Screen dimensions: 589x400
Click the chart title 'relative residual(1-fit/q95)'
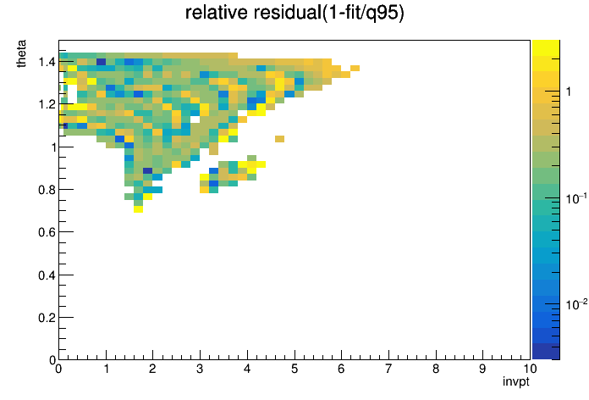(x=294, y=13)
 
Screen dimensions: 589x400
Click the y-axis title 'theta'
(x=21, y=53)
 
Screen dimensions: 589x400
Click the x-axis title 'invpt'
(x=515, y=382)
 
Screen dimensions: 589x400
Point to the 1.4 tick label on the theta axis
(x=47, y=61)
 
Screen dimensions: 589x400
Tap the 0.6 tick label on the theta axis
(x=47, y=232)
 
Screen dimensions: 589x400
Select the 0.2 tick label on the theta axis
(x=47, y=318)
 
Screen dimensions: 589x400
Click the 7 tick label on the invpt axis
(x=388, y=369)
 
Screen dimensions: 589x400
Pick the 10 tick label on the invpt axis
(x=530, y=369)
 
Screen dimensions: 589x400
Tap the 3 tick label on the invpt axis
(x=200, y=369)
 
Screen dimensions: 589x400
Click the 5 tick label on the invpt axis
(x=294, y=369)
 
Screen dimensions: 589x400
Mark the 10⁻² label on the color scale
(x=576, y=304)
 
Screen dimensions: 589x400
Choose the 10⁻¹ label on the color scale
(x=576, y=198)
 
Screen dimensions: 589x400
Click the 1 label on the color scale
(x=569, y=92)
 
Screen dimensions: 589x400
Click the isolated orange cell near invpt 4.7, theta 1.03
(x=279, y=139)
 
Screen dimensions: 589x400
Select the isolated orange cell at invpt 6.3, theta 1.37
(x=355, y=68)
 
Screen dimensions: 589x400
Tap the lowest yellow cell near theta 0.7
(x=138, y=209)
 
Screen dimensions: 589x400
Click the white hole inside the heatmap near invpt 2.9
(x=195, y=119)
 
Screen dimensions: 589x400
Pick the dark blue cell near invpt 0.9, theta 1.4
(x=101, y=62)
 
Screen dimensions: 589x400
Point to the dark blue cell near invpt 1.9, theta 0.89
(x=147, y=171)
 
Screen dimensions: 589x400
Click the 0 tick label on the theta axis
(x=52, y=360)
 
